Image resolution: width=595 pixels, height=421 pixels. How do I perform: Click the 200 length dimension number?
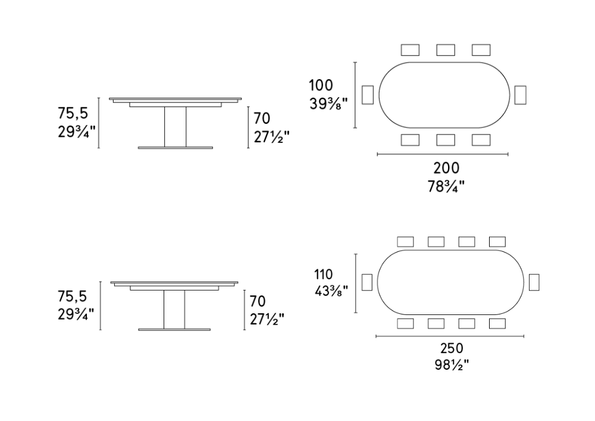point(446,168)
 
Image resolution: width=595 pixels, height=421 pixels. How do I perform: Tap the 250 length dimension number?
point(452,348)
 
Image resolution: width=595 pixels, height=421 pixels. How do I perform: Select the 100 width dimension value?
point(321,85)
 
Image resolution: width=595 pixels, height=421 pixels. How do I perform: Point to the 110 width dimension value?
point(323,274)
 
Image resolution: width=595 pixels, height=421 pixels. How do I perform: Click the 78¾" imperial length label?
point(446,186)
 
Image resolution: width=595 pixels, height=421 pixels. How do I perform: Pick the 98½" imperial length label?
point(452,365)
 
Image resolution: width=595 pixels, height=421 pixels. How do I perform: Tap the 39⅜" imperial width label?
point(328,104)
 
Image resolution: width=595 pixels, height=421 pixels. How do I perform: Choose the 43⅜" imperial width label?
point(331,291)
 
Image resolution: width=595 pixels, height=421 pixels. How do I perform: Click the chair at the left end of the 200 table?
point(368,95)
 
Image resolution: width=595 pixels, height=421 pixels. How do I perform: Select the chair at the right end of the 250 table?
point(534,282)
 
